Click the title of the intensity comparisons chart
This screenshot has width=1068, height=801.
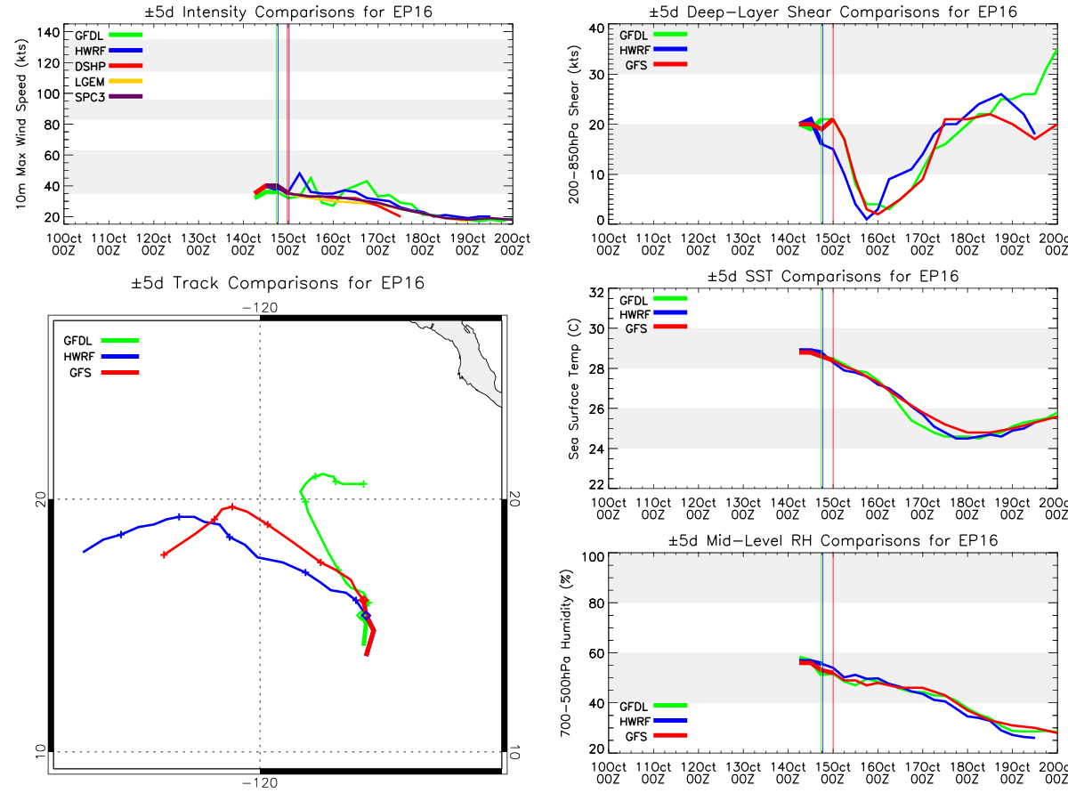(x=288, y=12)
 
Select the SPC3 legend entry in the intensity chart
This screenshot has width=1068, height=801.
(x=109, y=97)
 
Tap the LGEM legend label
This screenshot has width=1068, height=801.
(x=90, y=82)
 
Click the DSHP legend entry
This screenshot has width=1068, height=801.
(x=109, y=66)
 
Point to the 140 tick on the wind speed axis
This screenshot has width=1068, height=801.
(x=49, y=33)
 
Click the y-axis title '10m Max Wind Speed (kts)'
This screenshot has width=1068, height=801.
(x=21, y=124)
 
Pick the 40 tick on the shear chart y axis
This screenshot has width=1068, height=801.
(x=596, y=28)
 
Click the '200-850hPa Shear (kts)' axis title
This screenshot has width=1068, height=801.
(x=574, y=125)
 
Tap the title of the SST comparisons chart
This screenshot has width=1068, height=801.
(x=832, y=276)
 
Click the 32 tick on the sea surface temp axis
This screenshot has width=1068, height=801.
(x=596, y=293)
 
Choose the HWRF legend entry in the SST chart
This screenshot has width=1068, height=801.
(x=653, y=314)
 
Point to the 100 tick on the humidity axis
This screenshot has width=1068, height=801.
(x=593, y=557)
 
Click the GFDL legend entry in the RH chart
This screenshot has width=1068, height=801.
(x=653, y=706)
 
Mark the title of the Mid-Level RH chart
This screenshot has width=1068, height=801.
(x=832, y=540)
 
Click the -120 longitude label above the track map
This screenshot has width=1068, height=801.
(x=260, y=308)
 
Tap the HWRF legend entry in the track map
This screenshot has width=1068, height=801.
(x=101, y=357)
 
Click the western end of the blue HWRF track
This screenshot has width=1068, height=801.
(x=85, y=552)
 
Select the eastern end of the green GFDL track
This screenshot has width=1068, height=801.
(x=364, y=484)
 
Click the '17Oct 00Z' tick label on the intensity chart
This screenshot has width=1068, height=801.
(x=377, y=244)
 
